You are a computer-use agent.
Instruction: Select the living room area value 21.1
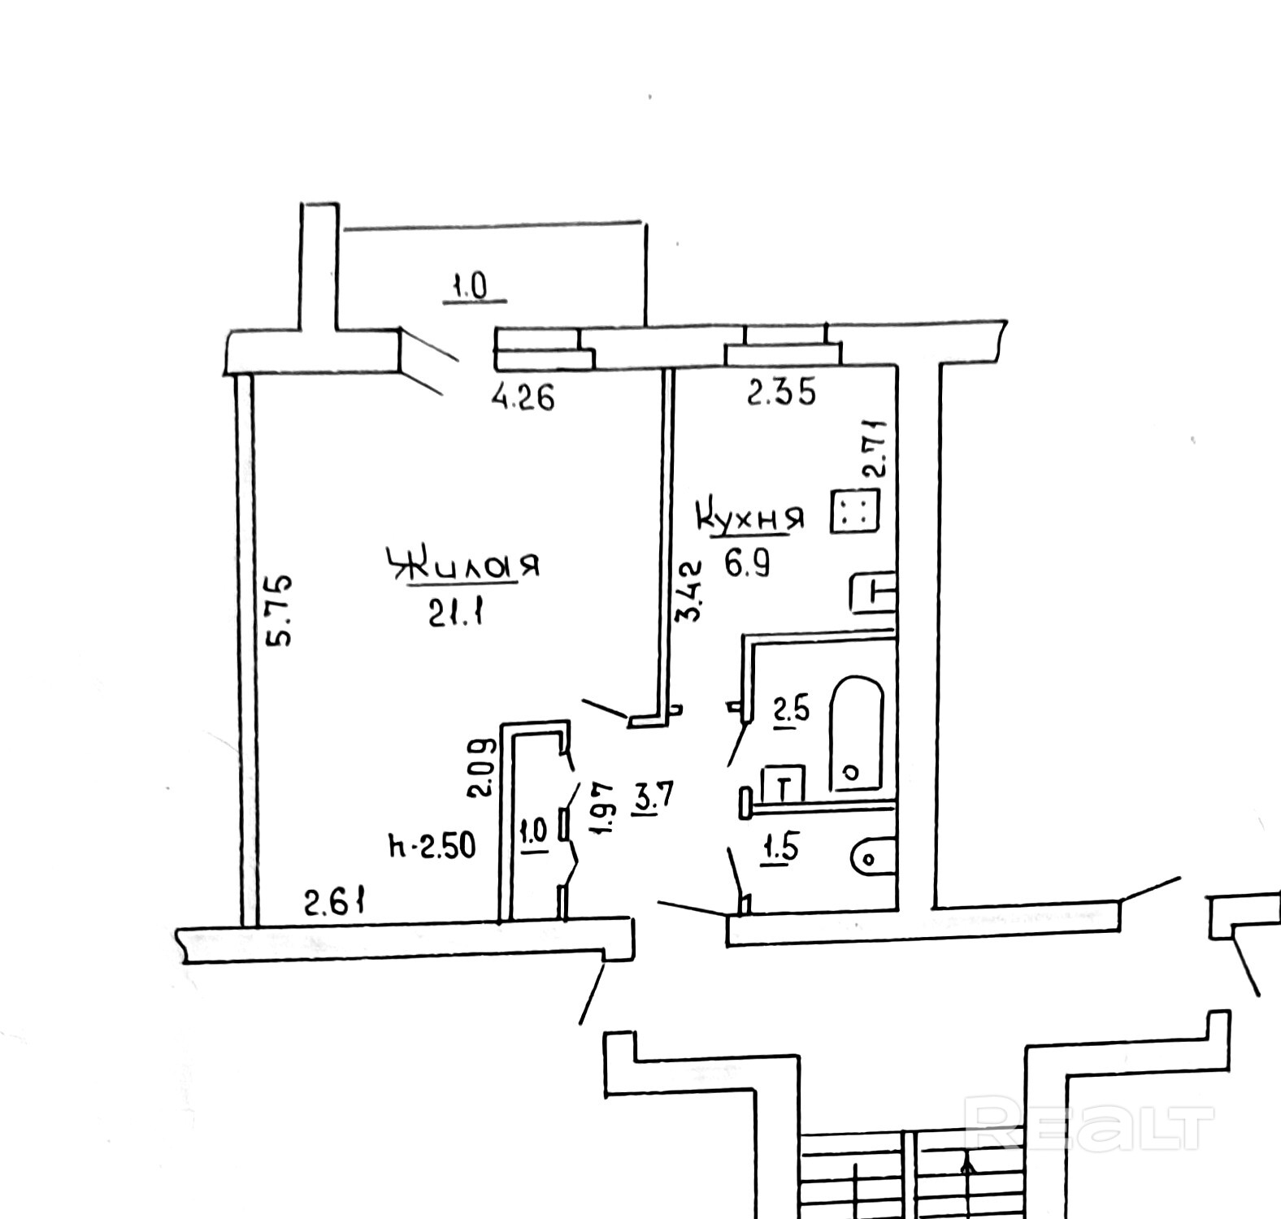tap(455, 614)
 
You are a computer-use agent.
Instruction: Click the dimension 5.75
tap(280, 610)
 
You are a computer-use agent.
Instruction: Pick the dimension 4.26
tap(523, 398)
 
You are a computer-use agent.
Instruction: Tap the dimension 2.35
tap(780, 394)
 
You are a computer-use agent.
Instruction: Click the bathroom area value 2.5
tap(791, 711)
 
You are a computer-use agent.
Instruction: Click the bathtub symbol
tap(856, 733)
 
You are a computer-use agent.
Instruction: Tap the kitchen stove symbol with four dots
tap(854, 512)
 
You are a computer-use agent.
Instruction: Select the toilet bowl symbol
tap(873, 857)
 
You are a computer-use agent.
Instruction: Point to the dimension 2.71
tap(874, 447)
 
